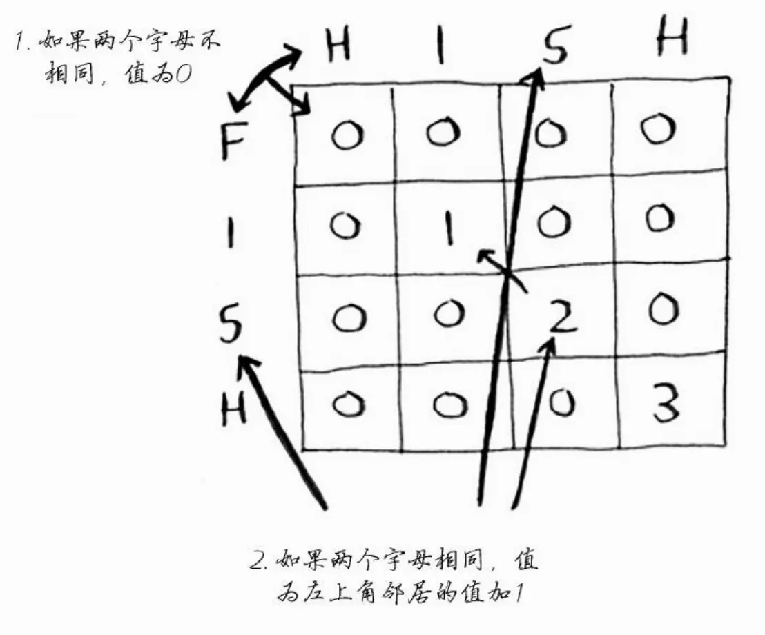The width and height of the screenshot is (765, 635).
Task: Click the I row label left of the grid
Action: [230, 232]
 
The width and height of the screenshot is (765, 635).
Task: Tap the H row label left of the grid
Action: [233, 409]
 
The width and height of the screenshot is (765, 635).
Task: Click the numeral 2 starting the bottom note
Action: [258, 559]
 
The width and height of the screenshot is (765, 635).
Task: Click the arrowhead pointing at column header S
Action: [535, 77]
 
